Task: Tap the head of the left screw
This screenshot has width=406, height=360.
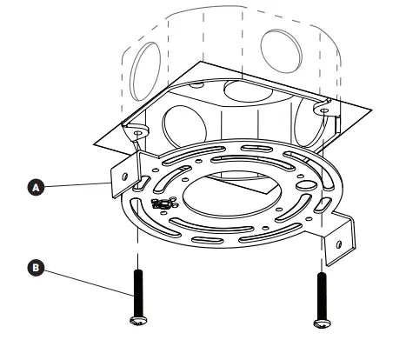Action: [x=136, y=321]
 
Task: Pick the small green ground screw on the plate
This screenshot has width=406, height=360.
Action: [x=161, y=204]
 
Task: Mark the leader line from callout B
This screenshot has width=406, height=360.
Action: [x=83, y=283]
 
